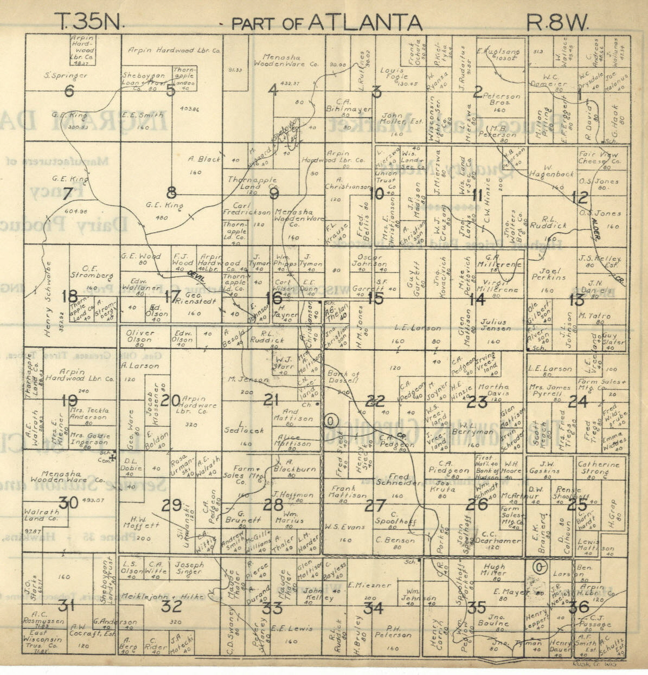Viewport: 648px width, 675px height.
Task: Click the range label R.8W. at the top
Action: [x=557, y=22]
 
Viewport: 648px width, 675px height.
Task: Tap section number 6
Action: [x=69, y=91]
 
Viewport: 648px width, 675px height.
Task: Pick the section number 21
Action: [x=272, y=400]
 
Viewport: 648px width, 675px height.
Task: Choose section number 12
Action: [x=579, y=198]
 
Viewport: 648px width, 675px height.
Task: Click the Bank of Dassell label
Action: [x=343, y=377]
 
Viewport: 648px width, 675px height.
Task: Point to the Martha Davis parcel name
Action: [x=493, y=390]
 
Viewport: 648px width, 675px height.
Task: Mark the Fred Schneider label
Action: [x=399, y=480]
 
